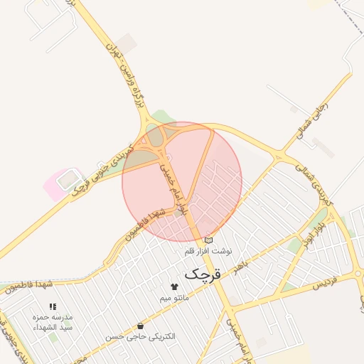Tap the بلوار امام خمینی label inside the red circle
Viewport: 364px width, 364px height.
tap(176, 188)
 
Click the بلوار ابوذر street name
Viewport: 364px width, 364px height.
tap(313, 233)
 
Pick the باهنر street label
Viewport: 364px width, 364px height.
tap(243, 267)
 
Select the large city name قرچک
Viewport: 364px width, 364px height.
tap(203, 273)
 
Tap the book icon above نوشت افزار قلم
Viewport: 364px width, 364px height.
tap(208, 240)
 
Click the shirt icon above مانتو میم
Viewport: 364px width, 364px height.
tap(174, 287)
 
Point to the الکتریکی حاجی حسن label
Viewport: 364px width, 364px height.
tap(140, 336)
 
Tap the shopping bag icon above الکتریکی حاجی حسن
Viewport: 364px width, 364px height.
tap(140, 325)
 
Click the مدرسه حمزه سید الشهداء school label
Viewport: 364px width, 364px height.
tap(53, 322)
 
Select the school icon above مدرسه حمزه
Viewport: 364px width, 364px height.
tap(53, 306)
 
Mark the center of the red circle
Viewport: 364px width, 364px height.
tap(182, 181)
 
